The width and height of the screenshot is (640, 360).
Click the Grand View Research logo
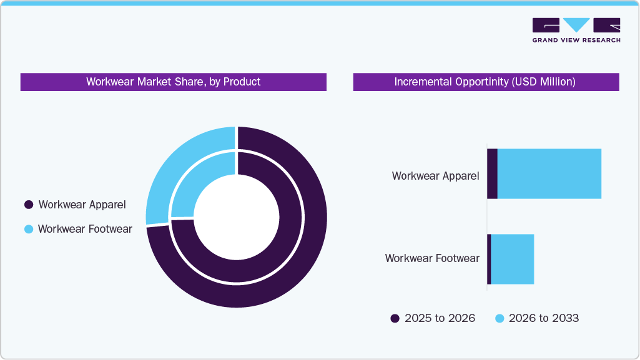pyautogui.click(x=576, y=30)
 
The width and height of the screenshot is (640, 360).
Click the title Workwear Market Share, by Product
pyautogui.click(x=173, y=82)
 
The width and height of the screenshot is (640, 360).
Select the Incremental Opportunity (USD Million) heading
pyautogui.click(x=485, y=82)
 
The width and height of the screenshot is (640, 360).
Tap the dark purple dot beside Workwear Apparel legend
pyautogui.click(x=28, y=205)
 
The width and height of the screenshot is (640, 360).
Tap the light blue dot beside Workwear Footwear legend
pyautogui.click(x=28, y=229)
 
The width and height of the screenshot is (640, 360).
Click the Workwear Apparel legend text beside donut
pyautogui.click(x=82, y=205)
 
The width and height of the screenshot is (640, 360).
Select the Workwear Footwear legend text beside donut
pyautogui.click(x=85, y=229)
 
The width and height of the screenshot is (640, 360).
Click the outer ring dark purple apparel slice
pyautogui.click(x=300, y=262)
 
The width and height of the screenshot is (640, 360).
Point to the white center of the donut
pyautogui.click(x=236, y=217)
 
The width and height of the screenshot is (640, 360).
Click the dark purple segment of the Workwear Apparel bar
pyautogui.click(x=492, y=174)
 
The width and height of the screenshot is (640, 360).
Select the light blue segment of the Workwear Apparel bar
pyautogui.click(x=549, y=174)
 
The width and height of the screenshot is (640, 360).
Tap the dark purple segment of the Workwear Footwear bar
pyautogui.click(x=489, y=259)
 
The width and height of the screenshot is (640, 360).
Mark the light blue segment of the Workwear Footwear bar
pyautogui.click(x=512, y=259)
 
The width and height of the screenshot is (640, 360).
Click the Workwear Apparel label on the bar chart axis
pyautogui.click(x=435, y=176)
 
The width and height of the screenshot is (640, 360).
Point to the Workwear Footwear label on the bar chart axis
pyautogui.click(x=432, y=258)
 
